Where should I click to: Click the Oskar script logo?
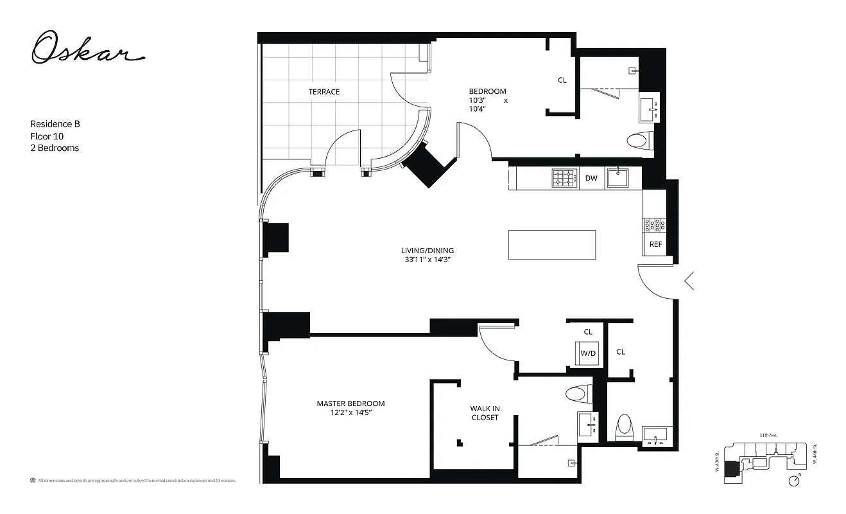[x=87, y=49]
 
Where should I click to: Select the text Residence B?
[x=55, y=124]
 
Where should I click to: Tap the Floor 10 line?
[x=47, y=136]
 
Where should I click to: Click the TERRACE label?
[x=324, y=92]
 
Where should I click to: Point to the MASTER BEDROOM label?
[x=350, y=403]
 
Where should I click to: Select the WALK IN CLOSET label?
[x=485, y=413]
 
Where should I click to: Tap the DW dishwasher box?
[x=591, y=179]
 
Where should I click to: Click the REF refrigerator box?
[x=655, y=244]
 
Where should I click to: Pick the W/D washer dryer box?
[x=588, y=353]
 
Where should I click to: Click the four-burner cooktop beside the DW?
[x=564, y=178]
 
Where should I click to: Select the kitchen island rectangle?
[x=551, y=245]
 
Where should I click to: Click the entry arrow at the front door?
[x=689, y=281]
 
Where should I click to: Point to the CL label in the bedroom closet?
[x=562, y=80]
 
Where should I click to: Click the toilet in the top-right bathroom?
[x=640, y=139]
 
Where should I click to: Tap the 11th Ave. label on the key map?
[x=768, y=435]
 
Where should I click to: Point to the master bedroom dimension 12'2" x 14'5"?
[x=350, y=413]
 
